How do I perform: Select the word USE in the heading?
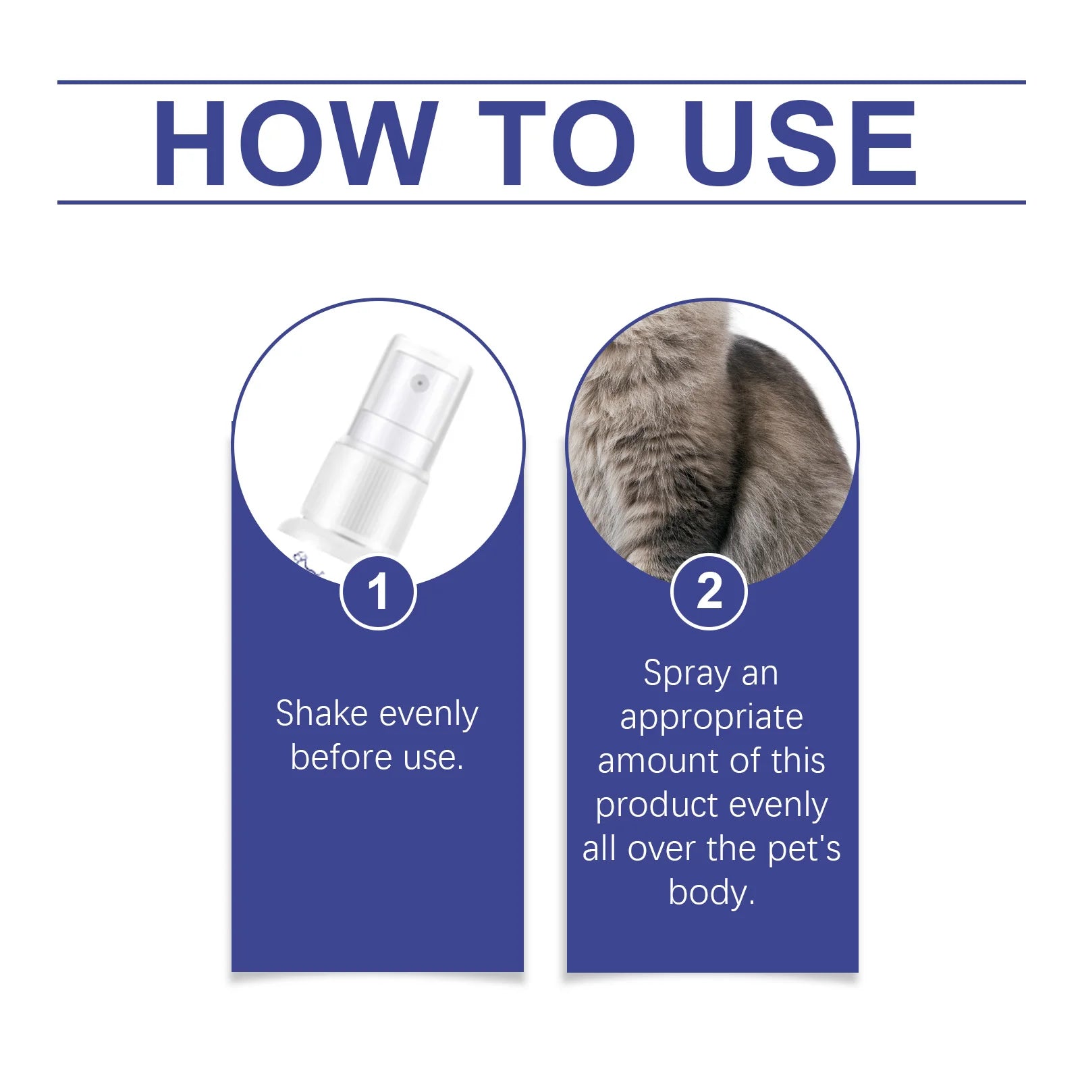800,143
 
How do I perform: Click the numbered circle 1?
378,592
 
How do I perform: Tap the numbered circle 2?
709,592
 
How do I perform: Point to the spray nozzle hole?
421,383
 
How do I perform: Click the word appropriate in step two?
711,718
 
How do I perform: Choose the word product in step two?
648,805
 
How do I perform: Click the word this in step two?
799,761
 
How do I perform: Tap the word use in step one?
432,757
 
